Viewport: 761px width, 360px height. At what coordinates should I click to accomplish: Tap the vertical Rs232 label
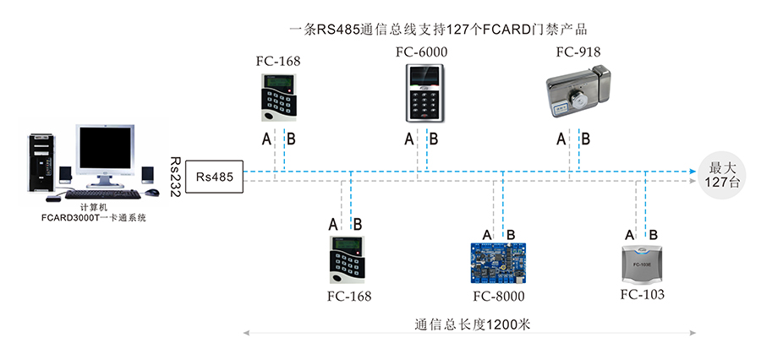point(175,177)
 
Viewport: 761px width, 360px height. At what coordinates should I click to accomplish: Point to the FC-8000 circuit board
point(499,265)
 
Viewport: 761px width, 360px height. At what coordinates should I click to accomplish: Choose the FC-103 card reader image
point(642,265)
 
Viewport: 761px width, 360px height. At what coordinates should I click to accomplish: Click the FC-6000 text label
point(421,52)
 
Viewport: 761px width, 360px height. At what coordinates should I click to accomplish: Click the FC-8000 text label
point(499,296)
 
